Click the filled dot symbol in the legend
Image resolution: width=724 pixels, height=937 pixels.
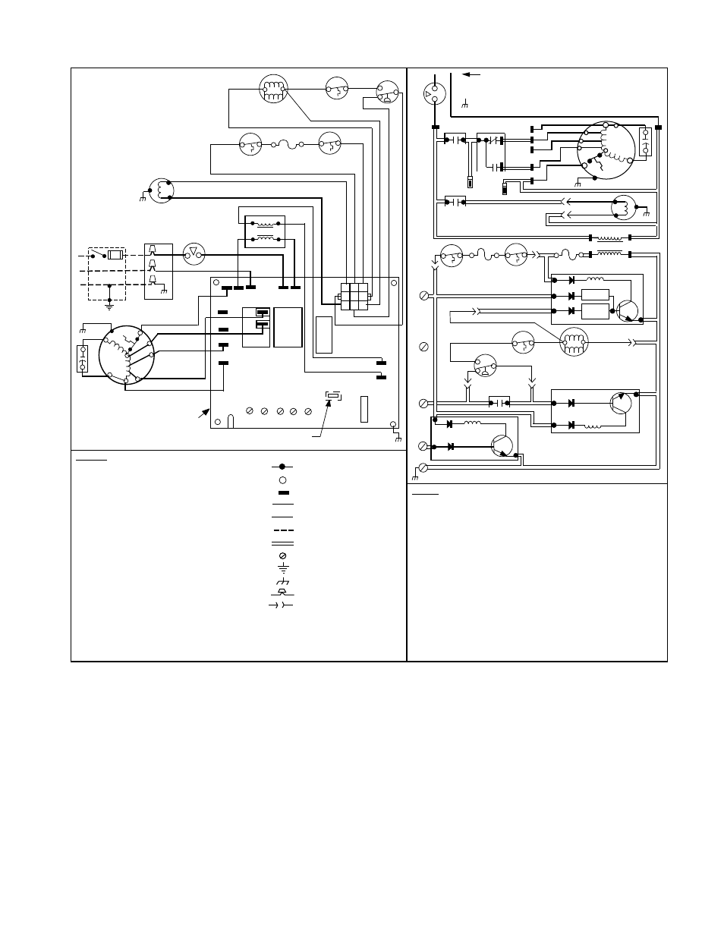(282, 466)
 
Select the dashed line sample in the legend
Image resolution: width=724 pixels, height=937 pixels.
(282, 530)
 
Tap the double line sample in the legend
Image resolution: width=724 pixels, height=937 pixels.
(282, 543)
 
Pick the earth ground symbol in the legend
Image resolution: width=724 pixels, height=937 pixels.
(282, 568)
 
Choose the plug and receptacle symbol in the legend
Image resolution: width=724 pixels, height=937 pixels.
(282, 605)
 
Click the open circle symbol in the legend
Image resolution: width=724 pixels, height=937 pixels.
(282, 480)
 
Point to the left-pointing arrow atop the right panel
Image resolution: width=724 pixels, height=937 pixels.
(472, 74)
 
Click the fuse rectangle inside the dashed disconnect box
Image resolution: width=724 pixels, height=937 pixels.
(115, 255)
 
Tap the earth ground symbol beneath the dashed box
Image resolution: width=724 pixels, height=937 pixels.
(109, 306)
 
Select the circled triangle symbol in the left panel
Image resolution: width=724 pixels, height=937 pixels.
(194, 254)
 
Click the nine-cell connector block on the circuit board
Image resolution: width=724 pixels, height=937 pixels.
(354, 296)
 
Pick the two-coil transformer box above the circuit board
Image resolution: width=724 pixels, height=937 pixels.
(264, 231)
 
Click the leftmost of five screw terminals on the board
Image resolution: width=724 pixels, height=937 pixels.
(250, 411)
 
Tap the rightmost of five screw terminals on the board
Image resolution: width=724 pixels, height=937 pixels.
(307, 411)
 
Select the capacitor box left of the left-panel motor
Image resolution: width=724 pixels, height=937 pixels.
(83, 359)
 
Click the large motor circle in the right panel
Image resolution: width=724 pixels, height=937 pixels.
(605, 149)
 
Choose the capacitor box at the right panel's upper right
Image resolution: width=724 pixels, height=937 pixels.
(646, 142)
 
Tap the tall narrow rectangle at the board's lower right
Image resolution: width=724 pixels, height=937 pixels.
(364, 408)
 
